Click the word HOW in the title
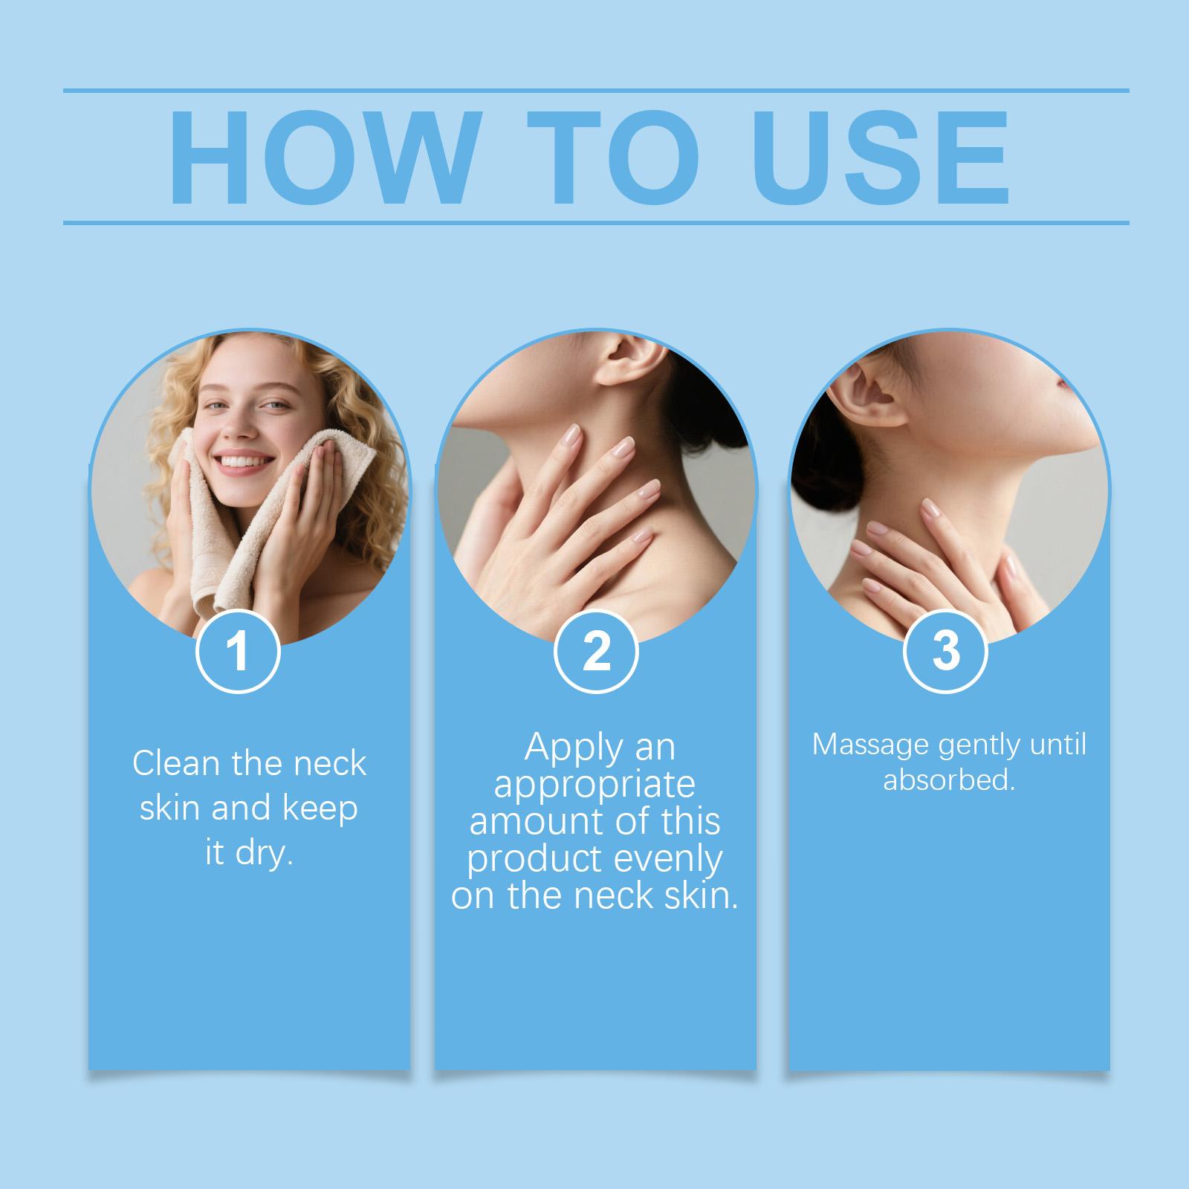point(323,157)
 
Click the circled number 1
point(238,651)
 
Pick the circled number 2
point(596,651)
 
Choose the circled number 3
point(945,651)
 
